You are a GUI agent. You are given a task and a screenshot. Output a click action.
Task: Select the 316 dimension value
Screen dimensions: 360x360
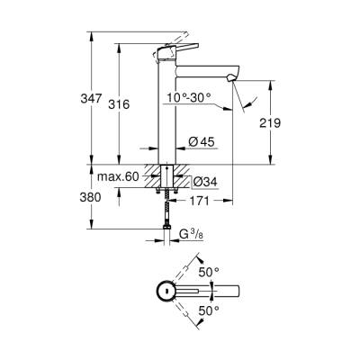(x=133, y=104)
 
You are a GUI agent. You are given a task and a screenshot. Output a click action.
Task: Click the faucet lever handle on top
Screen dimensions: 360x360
(x=177, y=53)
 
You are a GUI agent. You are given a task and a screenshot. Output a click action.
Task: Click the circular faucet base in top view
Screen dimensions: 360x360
(x=165, y=291)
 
